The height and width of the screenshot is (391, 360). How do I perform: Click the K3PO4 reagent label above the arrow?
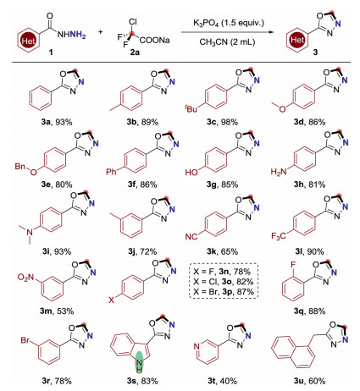(228, 23)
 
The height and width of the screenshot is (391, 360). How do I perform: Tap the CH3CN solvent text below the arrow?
(227, 42)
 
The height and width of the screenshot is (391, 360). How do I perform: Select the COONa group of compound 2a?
(155, 40)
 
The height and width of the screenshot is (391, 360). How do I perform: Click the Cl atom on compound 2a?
(133, 21)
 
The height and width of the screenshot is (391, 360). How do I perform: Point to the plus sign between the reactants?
(101, 31)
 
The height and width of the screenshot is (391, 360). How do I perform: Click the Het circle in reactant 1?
(28, 41)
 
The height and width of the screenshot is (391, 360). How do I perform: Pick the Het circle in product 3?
(297, 40)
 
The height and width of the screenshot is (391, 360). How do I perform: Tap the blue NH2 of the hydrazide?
(78, 35)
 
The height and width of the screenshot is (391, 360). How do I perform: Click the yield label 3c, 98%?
(223, 122)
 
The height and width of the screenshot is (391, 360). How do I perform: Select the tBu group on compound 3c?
(191, 108)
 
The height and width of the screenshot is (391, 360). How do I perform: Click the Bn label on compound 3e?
(20, 167)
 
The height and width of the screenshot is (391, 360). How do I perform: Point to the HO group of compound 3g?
(191, 172)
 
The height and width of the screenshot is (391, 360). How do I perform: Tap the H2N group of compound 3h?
(279, 172)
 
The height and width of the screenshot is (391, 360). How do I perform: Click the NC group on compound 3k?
(191, 236)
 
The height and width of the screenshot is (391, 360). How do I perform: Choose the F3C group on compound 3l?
(279, 236)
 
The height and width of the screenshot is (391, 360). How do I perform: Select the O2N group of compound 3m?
(25, 278)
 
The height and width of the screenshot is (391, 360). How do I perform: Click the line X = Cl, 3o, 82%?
(224, 282)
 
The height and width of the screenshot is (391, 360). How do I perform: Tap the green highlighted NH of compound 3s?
(139, 364)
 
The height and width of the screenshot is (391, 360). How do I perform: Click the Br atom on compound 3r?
(25, 340)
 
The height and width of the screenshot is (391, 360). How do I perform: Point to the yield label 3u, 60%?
(309, 381)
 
